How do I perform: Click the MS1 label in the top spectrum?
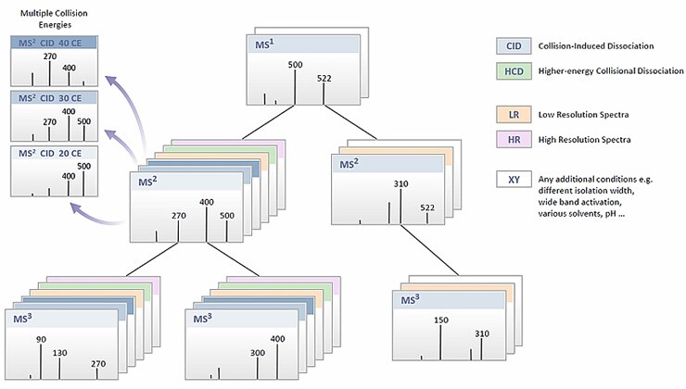[x=265, y=44]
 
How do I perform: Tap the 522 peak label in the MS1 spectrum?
[x=323, y=77]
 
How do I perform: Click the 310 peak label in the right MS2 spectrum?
[x=400, y=184]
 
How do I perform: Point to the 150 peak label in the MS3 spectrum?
[x=440, y=320]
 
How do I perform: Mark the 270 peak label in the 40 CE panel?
[x=50, y=56]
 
